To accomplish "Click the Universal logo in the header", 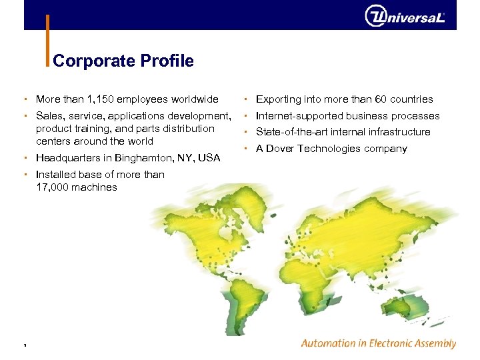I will (405, 15).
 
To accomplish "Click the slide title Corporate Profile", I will (123, 61).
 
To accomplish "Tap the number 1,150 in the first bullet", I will (101, 99).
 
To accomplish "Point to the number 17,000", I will (51, 187).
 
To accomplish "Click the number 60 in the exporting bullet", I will (381, 99).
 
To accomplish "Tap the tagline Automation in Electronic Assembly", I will (378, 344).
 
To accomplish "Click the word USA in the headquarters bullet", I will (209, 158).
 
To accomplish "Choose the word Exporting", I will (279, 99).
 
